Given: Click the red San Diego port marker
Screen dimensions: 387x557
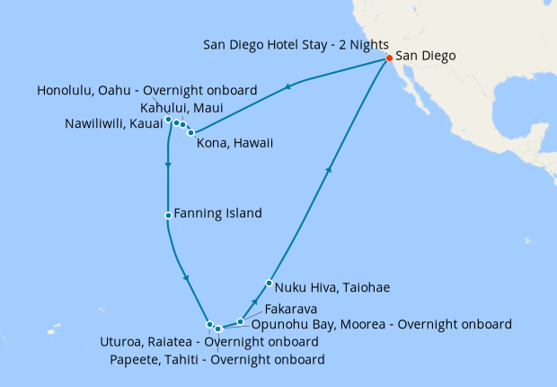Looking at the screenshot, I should coord(389,58).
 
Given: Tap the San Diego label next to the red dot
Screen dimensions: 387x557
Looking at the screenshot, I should coord(426,56).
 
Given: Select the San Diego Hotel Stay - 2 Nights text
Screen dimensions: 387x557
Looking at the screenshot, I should coord(296,44).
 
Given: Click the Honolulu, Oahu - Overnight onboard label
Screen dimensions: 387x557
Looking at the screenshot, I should coord(148,91).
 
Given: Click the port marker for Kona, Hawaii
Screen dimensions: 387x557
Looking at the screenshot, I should coord(190,132).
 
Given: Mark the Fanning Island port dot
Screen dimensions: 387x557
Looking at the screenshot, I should coord(168,215).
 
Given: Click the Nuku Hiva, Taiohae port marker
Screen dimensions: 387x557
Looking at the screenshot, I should coord(269,283).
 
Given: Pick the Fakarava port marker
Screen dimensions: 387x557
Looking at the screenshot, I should coord(240,321).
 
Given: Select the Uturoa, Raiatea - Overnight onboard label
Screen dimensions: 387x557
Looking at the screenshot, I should coord(211,342).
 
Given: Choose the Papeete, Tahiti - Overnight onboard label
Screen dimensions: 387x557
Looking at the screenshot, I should coord(217,360).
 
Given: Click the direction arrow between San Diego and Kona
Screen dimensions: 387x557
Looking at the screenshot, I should coord(289,87).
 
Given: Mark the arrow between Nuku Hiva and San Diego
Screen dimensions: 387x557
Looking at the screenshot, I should coord(330,168).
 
